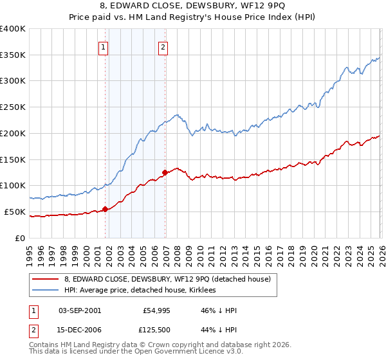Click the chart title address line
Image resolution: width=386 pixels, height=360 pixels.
[193, 7]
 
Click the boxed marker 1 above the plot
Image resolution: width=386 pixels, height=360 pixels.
[104, 46]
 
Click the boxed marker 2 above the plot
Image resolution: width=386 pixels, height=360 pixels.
[163, 46]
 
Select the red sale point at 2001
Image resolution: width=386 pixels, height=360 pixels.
[105, 209]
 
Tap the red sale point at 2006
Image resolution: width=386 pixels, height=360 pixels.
[165, 172]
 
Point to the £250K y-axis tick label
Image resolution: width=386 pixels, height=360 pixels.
[13, 107]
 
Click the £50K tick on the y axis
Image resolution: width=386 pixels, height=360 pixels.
[15, 212]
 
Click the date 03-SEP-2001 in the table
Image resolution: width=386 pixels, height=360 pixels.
[80, 310]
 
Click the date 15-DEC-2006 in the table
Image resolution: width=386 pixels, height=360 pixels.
[80, 331]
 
